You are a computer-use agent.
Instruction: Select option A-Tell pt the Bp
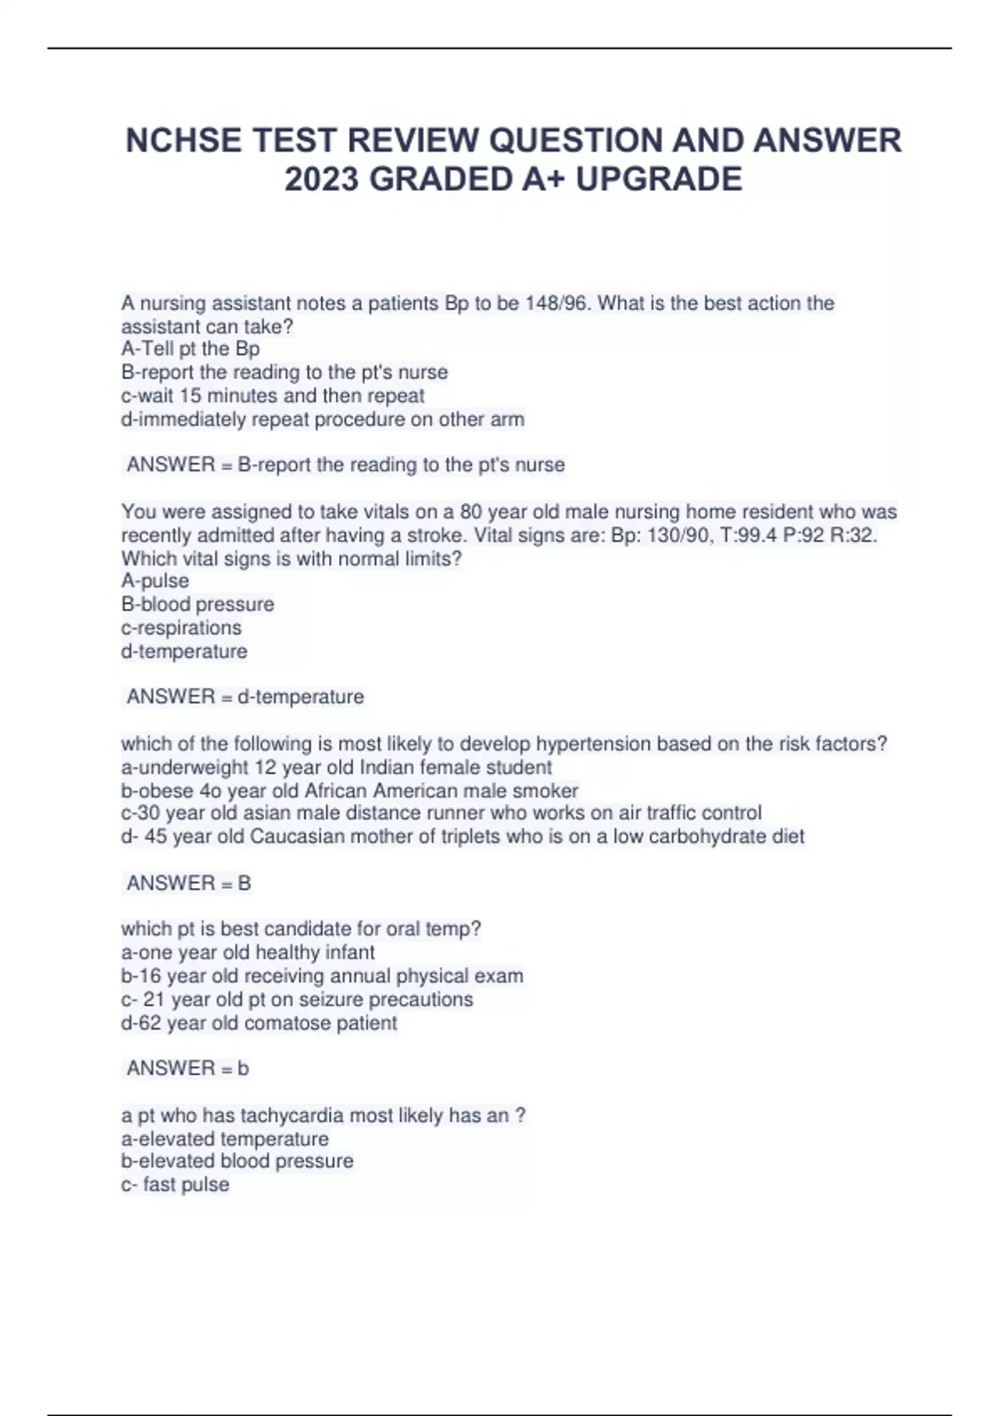coord(190,349)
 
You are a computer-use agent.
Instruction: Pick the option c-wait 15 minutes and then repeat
coord(272,396)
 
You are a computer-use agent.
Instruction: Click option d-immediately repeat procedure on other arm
coord(322,419)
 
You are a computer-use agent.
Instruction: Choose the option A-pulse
coord(155,581)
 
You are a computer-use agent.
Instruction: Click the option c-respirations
coord(181,627)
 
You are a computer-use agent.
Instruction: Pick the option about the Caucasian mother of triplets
coord(462,836)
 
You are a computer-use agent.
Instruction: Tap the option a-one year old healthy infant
coord(247,952)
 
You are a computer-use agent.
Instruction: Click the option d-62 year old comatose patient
coord(258,1023)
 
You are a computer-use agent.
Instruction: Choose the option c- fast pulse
coord(175,1184)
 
